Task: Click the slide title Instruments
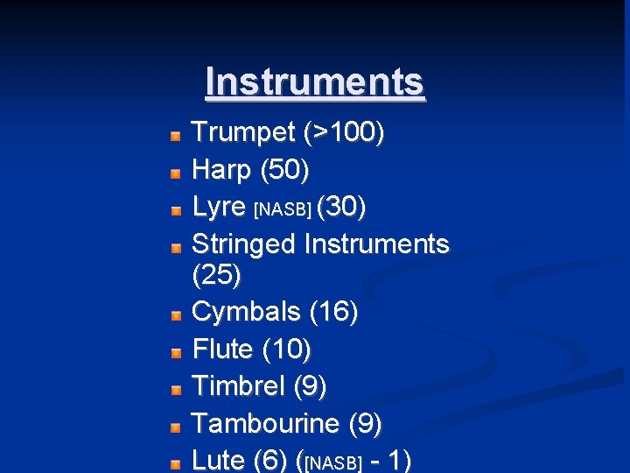315,82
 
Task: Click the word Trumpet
243,133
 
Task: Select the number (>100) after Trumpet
344,133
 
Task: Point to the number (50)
285,169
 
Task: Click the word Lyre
218,207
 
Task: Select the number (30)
341,207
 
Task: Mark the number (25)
216,275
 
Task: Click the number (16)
333,312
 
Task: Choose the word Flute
222,349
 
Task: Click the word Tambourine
265,424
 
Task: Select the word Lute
218,460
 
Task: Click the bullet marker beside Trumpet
176,136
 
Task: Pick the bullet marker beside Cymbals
176,314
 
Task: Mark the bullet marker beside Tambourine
176,427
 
